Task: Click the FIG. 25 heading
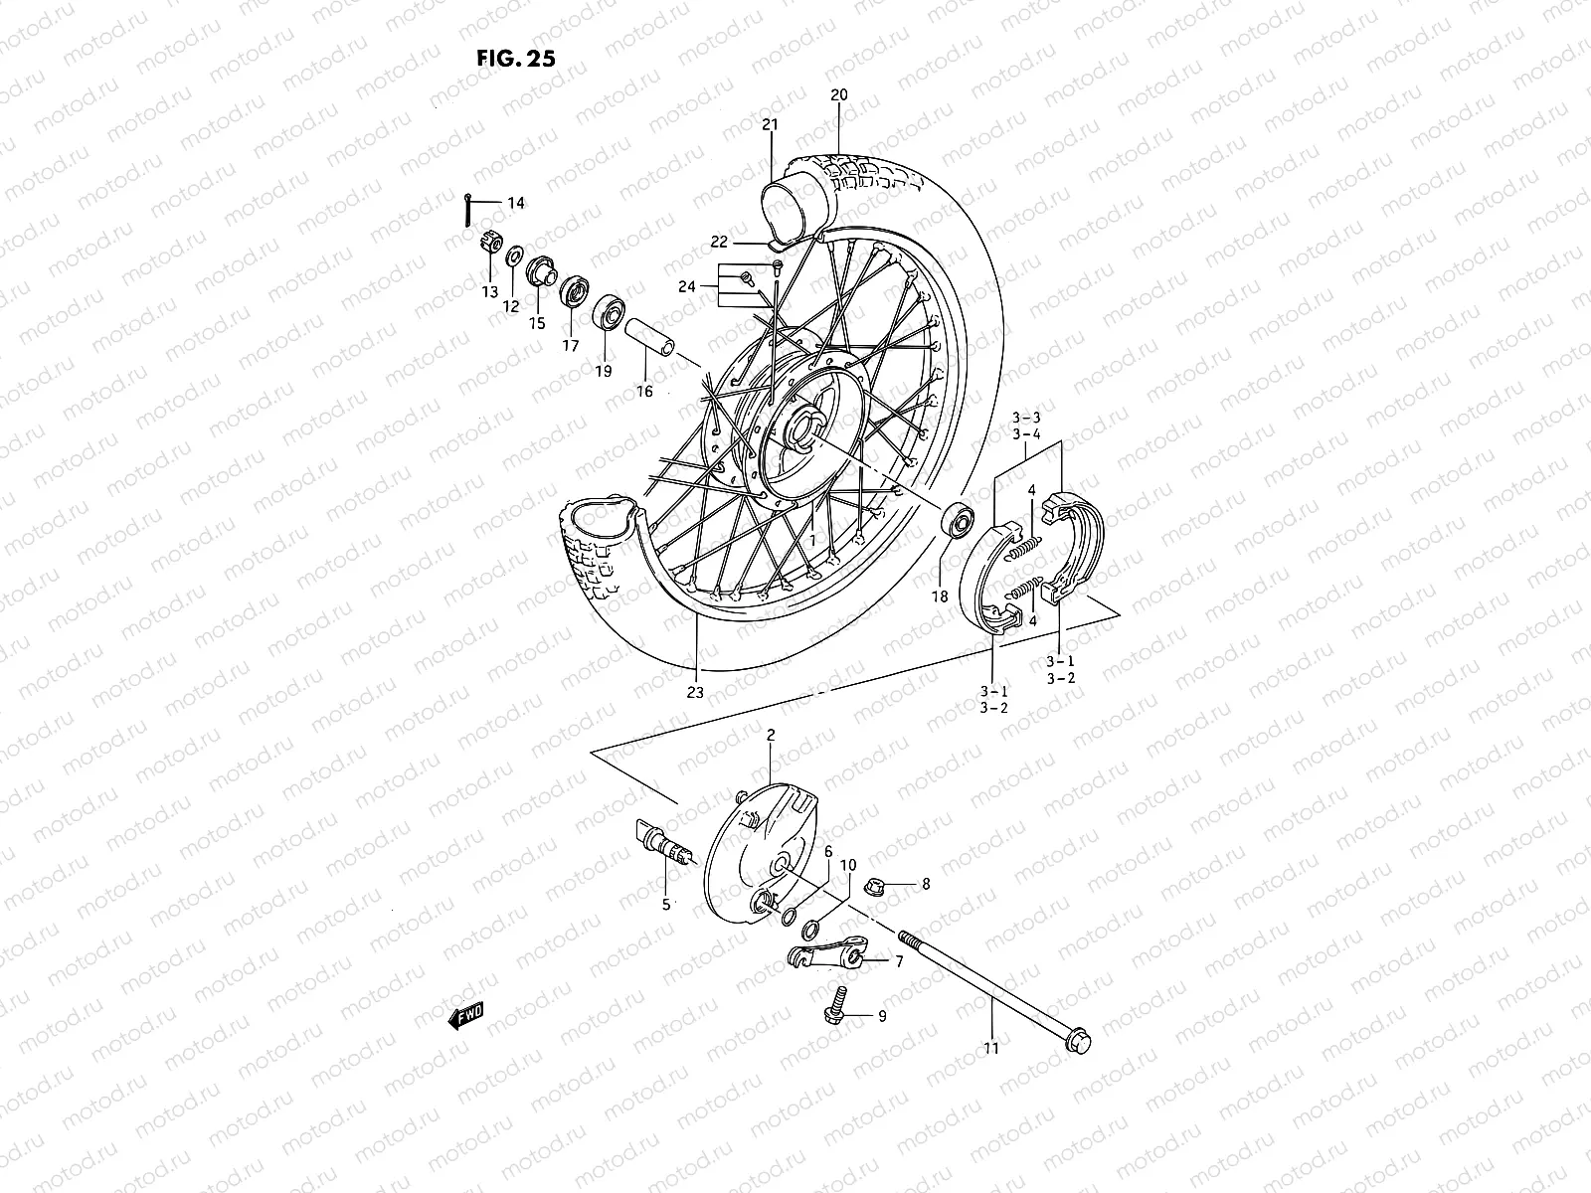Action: (515, 57)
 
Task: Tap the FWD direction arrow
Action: (463, 1014)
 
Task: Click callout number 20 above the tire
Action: (838, 95)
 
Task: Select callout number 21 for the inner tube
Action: (771, 125)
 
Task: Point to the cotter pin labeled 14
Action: (468, 211)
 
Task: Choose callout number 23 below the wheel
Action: (694, 692)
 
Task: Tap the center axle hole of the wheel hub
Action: (801, 430)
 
